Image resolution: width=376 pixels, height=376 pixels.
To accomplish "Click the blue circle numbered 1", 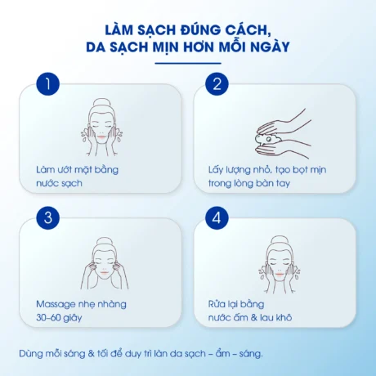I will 51,84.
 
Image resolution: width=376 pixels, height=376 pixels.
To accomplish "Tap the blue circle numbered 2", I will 218,84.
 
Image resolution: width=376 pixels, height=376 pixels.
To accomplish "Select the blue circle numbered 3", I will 51,218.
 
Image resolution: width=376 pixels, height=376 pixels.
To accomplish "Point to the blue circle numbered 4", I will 218,218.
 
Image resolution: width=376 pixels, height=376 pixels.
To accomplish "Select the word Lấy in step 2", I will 216,169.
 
